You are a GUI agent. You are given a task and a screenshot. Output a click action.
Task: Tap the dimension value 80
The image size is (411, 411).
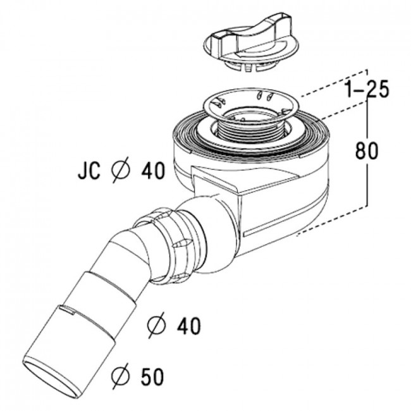pyautogui.click(x=367, y=150)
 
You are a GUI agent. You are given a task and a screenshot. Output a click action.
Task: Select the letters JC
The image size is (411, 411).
pyautogui.click(x=89, y=171)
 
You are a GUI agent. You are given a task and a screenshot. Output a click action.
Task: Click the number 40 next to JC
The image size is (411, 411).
pyautogui.click(x=154, y=171)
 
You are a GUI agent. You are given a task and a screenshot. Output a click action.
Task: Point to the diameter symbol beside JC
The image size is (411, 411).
pyautogui.click(x=120, y=169)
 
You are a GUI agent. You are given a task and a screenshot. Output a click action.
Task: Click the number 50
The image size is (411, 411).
pyautogui.click(x=152, y=376)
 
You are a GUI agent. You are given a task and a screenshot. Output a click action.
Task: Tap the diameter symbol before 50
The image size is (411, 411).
pyautogui.click(x=120, y=376)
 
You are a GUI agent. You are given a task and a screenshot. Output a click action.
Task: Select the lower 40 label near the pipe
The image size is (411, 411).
pyautogui.click(x=188, y=326)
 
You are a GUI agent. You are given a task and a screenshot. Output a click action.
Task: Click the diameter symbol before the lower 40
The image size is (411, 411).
pyautogui.click(x=157, y=325)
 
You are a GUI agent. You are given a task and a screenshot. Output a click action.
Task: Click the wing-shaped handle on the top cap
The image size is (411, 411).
pyautogui.click(x=252, y=35)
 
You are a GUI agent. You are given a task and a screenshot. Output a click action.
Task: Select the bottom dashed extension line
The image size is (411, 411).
pyautogui.click(x=331, y=221)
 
